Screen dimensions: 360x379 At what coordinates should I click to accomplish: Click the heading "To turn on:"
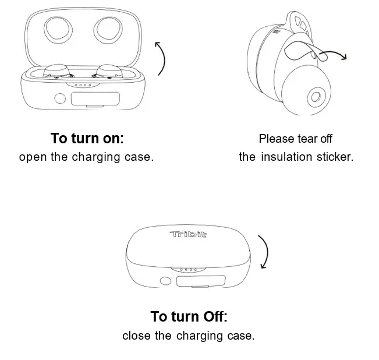87,139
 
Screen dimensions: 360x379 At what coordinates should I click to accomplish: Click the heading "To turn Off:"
189,316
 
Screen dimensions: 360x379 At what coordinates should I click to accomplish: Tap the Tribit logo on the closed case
188,235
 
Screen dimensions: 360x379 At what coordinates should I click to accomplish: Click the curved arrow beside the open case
161,59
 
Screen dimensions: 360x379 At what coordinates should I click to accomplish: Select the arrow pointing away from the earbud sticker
334,55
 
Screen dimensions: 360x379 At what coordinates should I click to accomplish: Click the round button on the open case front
59,98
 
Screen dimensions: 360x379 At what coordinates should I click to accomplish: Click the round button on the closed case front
165,281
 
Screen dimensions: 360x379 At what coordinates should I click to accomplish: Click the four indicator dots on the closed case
189,269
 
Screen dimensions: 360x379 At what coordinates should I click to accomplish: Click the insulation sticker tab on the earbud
300,52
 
